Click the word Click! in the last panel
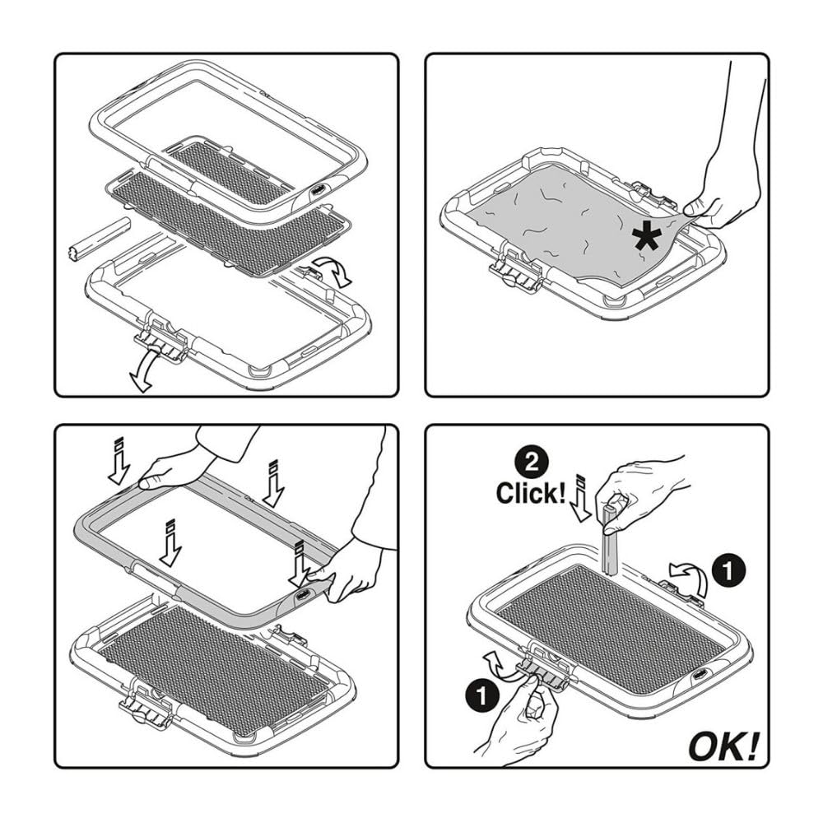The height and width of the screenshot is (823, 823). click(x=531, y=493)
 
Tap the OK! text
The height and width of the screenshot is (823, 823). click(x=723, y=746)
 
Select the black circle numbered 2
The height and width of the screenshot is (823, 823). click(x=531, y=463)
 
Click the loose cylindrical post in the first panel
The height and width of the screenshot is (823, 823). click(x=99, y=239)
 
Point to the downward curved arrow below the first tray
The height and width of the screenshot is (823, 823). click(x=144, y=370)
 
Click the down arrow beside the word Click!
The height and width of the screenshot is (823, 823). click(x=580, y=498)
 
